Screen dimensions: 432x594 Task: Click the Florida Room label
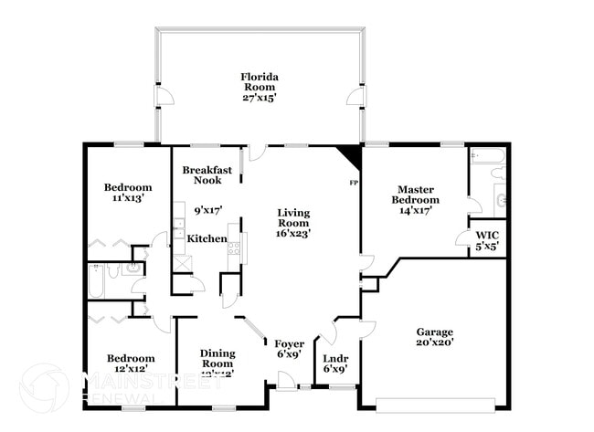coord(259,81)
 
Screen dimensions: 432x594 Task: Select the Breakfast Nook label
coord(207,175)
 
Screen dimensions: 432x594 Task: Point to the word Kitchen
coord(207,238)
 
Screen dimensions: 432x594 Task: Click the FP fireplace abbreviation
coord(354,184)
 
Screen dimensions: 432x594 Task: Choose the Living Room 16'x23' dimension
coord(294,233)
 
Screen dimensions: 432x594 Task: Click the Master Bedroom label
coord(416,195)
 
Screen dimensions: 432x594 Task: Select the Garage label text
coord(435,332)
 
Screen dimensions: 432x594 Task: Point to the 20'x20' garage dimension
coord(435,342)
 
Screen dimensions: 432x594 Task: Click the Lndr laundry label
coord(335,358)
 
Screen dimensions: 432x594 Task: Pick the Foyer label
coord(289,342)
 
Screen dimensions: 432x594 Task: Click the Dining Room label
coord(217,358)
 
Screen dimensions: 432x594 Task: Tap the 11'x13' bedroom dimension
coord(127,196)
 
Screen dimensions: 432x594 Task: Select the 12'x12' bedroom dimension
coord(131,369)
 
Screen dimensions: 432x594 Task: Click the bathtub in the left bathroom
coord(96,282)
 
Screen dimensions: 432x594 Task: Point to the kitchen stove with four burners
coord(233,245)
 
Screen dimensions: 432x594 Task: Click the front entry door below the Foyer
coord(287,386)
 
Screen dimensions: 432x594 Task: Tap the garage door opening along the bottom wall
coord(438,403)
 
